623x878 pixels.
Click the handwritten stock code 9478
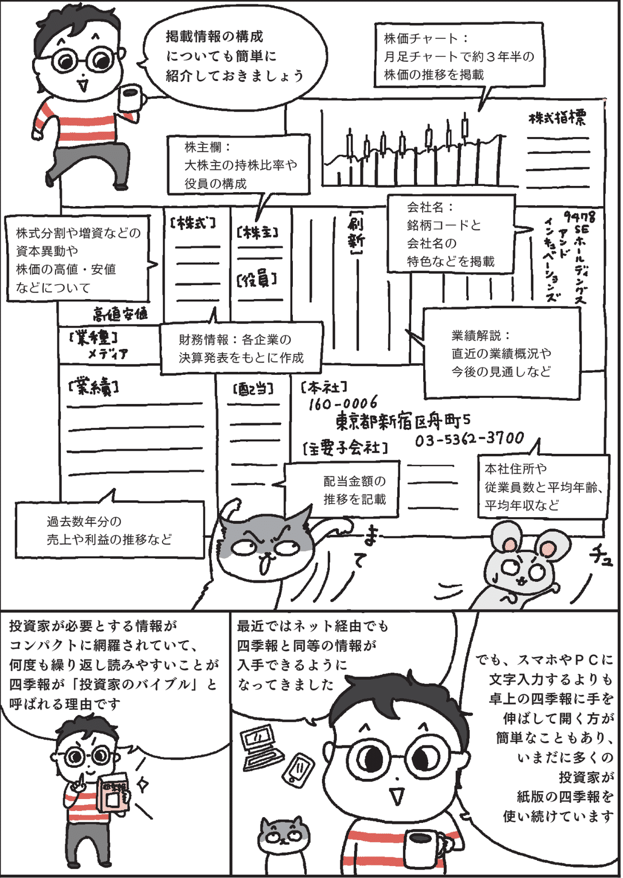point(579,216)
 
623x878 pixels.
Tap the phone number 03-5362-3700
point(469,439)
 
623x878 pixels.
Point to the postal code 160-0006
point(343,403)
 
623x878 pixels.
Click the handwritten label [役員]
point(257,280)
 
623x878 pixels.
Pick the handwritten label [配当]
point(253,389)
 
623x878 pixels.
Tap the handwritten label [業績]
point(93,387)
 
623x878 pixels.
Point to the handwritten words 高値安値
point(120,314)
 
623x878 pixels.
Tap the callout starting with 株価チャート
point(459,56)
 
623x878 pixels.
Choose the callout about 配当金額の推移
point(343,490)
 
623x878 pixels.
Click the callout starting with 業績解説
point(502,353)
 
